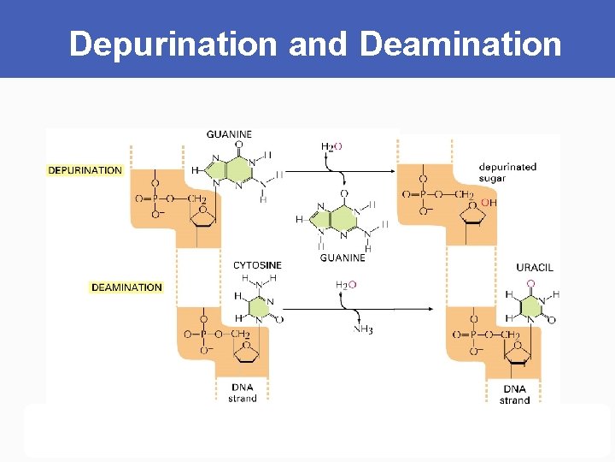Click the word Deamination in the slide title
point(460,44)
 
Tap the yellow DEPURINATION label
point(85,170)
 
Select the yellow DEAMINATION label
point(126,287)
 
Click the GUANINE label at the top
point(229,134)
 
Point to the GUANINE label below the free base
point(342,257)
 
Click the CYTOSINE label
point(257,265)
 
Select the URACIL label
point(535,267)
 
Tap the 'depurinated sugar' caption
point(507,173)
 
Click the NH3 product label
point(363,329)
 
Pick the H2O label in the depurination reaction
point(331,146)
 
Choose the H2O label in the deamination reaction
point(346,285)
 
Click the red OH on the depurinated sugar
point(489,203)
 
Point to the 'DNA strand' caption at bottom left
point(243,393)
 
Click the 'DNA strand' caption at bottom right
point(515,394)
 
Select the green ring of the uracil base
point(532,306)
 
